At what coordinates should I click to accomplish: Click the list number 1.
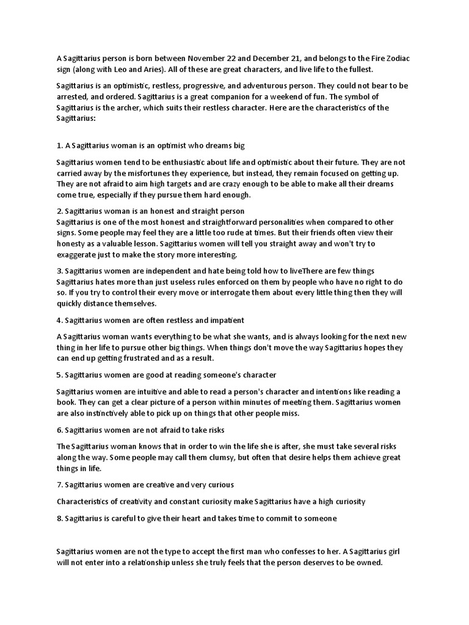(59, 146)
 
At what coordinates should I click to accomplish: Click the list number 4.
(59, 320)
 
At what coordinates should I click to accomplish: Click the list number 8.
(59, 518)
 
